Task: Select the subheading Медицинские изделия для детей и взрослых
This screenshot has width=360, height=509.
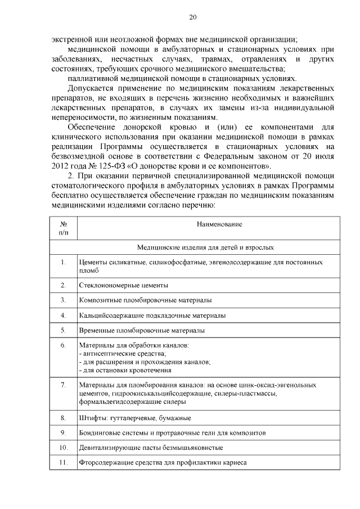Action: [206, 247]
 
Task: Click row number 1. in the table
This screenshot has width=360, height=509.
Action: [64, 262]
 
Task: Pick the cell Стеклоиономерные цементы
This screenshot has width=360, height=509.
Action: [123, 285]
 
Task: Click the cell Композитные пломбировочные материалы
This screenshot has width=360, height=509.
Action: [145, 300]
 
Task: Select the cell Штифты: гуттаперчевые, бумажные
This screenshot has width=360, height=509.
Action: [135, 418]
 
